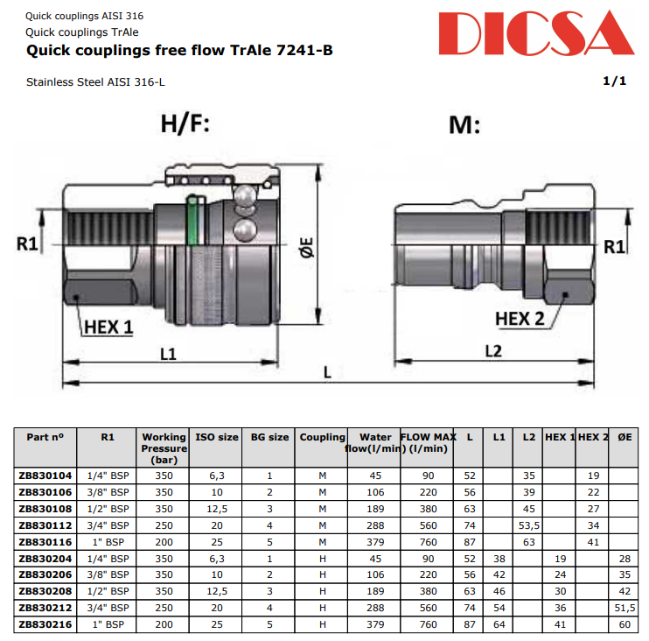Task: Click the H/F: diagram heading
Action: tap(185, 123)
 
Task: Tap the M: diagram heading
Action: tap(464, 124)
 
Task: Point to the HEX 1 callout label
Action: tap(109, 328)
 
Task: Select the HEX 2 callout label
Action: tap(520, 318)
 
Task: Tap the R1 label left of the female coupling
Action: tap(27, 243)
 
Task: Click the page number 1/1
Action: tap(615, 81)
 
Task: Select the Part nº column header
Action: tap(45, 437)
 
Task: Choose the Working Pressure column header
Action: tap(164, 447)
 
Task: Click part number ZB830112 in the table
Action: tap(45, 525)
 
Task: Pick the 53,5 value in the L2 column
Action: tap(528, 525)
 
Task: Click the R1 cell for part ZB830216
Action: tap(108, 625)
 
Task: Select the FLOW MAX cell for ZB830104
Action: tap(427, 475)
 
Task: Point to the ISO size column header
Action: tap(216, 437)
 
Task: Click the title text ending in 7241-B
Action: tap(179, 51)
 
